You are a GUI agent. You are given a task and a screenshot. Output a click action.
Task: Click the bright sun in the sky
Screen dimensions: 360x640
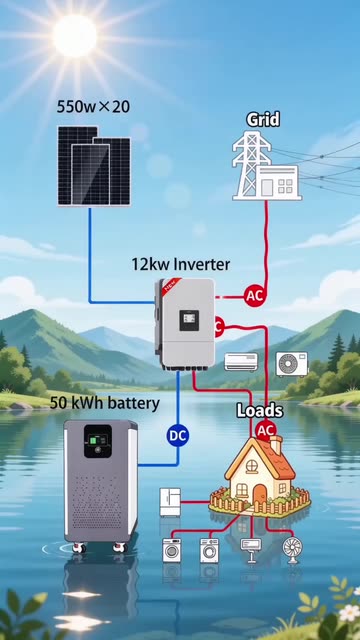click(x=75, y=35)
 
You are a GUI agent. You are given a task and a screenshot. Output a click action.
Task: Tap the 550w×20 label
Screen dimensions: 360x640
click(x=93, y=107)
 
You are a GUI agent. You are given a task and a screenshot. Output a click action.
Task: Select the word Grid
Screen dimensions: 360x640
click(x=263, y=120)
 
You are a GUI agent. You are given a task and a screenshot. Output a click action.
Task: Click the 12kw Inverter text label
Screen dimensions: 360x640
click(x=180, y=264)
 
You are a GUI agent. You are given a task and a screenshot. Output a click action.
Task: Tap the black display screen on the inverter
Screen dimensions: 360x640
click(x=189, y=320)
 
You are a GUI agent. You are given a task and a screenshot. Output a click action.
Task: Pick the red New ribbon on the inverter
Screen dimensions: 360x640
click(x=171, y=284)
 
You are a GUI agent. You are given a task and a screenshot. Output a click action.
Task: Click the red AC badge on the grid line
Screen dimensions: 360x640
click(x=255, y=296)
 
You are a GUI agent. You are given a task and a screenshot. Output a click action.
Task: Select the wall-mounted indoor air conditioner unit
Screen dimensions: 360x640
click(x=241, y=362)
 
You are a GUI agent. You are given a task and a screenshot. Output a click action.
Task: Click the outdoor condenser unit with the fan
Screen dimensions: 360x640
click(x=292, y=364)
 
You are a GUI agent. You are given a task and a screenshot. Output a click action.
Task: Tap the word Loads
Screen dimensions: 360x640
click(x=260, y=411)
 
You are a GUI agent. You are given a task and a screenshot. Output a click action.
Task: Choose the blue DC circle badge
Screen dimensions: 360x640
click(x=178, y=436)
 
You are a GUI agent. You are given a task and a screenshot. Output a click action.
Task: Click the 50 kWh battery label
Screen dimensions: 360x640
click(x=104, y=403)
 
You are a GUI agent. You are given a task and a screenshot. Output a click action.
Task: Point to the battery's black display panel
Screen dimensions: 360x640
click(x=98, y=441)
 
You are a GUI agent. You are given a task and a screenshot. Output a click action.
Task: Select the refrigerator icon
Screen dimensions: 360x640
click(x=170, y=502)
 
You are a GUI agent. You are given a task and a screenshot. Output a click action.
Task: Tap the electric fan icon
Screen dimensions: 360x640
click(x=292, y=550)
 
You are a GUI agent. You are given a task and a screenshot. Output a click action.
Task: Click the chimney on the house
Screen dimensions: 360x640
click(x=276, y=444)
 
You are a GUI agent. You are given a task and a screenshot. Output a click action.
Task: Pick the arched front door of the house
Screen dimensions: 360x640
click(x=259, y=495)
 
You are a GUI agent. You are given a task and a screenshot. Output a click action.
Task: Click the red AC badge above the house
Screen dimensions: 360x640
click(x=266, y=430)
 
